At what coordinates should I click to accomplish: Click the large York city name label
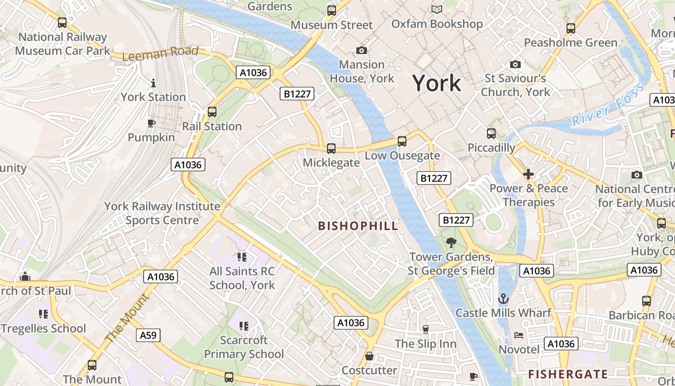point(436,83)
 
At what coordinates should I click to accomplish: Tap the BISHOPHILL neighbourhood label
point(358,226)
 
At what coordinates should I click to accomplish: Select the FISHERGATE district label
point(568,374)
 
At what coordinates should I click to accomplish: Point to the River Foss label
point(608,105)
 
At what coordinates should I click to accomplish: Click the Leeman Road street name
point(160,54)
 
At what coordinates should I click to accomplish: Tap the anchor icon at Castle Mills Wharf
point(503,299)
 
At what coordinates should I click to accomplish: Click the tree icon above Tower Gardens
point(451,243)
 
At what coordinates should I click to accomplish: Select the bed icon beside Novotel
point(519,335)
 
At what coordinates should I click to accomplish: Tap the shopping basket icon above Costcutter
point(369,357)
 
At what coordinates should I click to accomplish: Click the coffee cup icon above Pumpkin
point(151,124)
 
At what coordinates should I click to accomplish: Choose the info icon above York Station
point(153,83)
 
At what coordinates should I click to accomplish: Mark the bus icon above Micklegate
point(331,149)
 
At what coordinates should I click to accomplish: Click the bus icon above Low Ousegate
point(402,141)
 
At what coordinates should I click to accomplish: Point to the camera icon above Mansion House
point(362,51)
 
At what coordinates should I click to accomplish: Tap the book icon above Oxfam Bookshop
point(437,10)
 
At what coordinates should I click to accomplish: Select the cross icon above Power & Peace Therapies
point(528,174)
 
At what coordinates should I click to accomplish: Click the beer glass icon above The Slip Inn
point(425,330)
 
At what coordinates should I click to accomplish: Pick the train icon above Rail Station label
point(212,112)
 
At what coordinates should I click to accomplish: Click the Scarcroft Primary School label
point(244,347)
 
